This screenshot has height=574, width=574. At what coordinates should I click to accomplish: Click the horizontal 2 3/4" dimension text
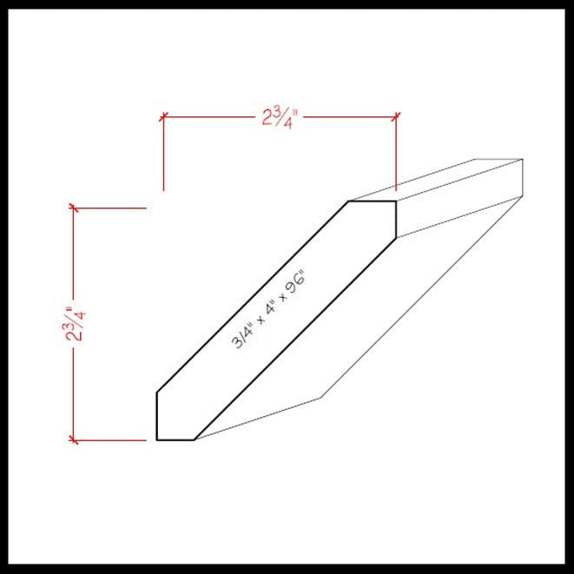[280, 116]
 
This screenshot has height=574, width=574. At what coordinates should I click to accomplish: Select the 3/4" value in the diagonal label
[240, 340]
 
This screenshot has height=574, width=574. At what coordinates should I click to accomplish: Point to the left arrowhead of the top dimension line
[164, 115]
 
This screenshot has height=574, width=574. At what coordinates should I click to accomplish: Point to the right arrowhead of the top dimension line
[397, 115]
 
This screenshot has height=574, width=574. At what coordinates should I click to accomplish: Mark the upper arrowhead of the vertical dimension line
[74, 208]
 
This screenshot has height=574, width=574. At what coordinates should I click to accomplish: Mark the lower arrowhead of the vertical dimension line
[74, 440]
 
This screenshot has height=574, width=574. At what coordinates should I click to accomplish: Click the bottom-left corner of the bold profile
[156, 440]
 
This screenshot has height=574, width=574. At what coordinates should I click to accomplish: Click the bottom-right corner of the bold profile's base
[195, 440]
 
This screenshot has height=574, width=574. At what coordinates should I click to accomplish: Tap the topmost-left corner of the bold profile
[349, 201]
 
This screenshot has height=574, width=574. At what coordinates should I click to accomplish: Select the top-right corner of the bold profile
[397, 201]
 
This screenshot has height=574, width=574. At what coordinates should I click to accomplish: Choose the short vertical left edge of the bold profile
[156, 417]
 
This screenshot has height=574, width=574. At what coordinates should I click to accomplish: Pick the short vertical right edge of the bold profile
[397, 219]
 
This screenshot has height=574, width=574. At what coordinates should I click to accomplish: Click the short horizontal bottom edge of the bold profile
[175, 440]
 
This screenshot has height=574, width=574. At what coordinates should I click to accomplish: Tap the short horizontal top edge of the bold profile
[373, 201]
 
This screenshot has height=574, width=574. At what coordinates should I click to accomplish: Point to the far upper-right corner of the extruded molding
[523, 160]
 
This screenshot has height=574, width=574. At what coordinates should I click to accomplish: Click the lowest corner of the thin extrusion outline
[322, 399]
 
